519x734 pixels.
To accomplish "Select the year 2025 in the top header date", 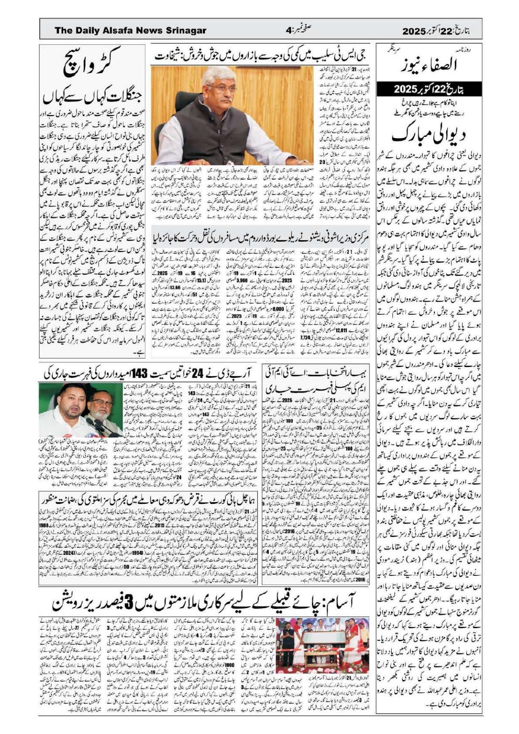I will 413,31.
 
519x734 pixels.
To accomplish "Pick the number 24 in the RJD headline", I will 198,374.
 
